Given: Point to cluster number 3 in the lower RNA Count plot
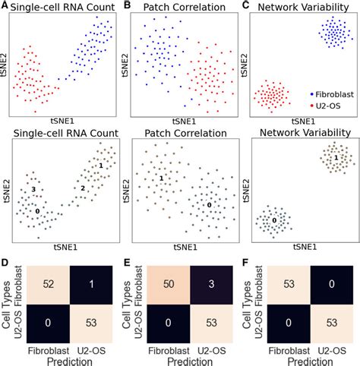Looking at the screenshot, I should [33, 188].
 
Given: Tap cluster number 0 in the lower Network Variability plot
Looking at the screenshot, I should [275, 221].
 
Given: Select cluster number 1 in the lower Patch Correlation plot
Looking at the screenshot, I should [162, 178].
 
